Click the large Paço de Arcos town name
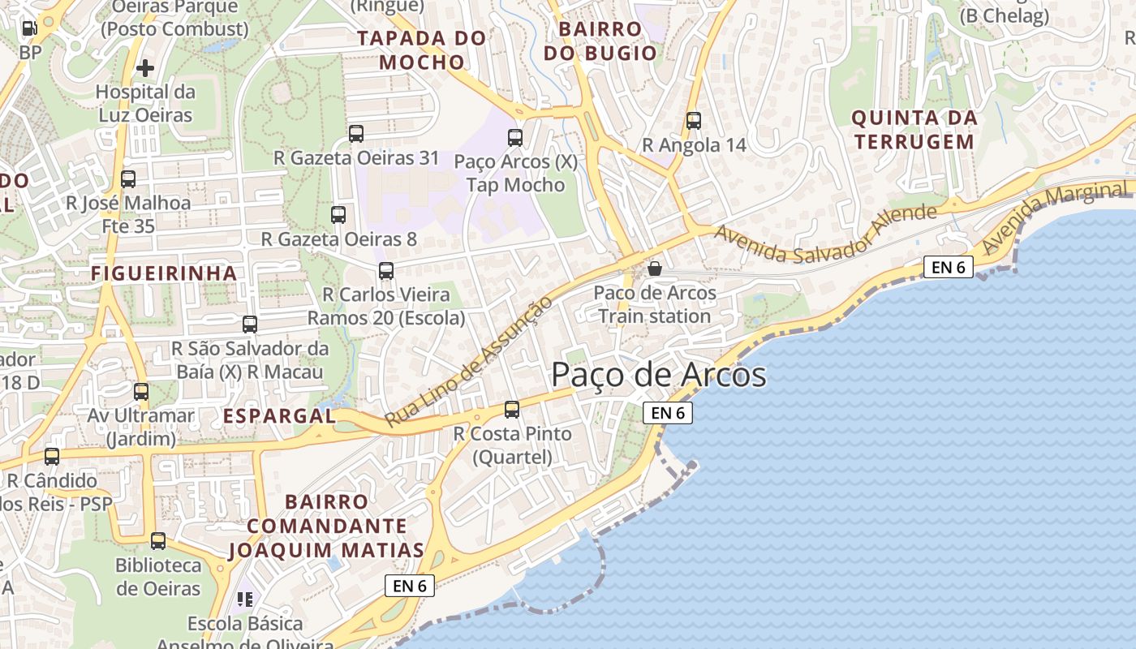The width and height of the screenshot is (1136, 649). (658, 375)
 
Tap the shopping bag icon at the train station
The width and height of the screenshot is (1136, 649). (655, 268)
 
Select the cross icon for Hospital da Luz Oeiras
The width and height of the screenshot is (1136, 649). (145, 68)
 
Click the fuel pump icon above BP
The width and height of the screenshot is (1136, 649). (29, 28)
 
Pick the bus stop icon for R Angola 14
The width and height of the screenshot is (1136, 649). (693, 121)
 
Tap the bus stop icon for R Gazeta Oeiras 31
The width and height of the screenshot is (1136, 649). (355, 134)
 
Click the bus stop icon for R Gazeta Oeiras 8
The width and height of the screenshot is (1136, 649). (338, 215)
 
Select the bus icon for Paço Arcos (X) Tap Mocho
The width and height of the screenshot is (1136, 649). (515, 137)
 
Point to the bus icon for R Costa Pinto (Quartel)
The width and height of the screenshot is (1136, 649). (512, 410)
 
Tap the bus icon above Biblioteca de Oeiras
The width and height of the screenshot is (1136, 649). (158, 541)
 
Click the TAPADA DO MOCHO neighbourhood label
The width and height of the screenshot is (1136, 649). (422, 49)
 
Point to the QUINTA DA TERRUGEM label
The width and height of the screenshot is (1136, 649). (913, 130)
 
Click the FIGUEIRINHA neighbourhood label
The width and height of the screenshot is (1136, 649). (164, 273)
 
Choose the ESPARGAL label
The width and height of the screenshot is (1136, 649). (278, 416)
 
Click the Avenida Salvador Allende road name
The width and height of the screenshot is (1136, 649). (825, 234)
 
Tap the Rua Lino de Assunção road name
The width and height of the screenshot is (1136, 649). (469, 361)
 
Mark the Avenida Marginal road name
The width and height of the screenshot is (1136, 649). (1055, 217)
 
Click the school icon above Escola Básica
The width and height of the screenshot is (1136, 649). (244, 600)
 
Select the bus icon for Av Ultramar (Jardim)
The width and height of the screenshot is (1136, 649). (141, 392)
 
